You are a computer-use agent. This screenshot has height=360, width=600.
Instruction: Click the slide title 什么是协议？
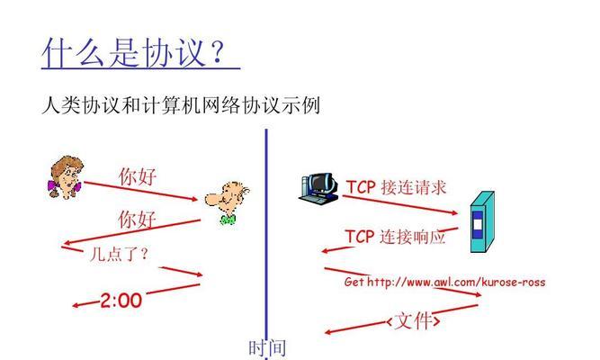coord(134,52)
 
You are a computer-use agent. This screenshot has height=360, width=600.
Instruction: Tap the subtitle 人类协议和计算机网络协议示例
coord(181,104)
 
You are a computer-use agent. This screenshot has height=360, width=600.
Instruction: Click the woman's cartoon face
coord(66,177)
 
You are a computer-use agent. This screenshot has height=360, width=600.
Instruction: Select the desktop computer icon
coord(318,187)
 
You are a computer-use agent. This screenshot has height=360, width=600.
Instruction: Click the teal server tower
coord(482,221)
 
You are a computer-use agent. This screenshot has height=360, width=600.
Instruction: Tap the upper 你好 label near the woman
coord(138,176)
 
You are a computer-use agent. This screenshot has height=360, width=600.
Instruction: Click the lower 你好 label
coord(137,220)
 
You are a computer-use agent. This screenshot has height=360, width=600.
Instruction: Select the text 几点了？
coord(119,254)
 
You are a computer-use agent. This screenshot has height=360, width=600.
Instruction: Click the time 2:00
coord(121,301)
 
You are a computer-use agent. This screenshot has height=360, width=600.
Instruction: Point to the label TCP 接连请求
coord(396,187)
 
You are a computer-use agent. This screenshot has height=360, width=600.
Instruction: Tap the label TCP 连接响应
coord(395,237)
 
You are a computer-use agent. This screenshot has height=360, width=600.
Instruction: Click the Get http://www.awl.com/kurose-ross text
coord(444,283)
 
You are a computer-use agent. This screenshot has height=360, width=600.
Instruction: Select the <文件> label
coord(413,321)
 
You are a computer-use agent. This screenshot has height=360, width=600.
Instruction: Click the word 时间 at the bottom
coord(267,348)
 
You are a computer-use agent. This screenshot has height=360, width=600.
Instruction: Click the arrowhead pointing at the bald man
coord(194,199)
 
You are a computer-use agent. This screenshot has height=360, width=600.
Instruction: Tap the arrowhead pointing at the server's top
coord(454,212)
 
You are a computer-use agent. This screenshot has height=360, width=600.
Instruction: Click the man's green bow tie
coord(228,220)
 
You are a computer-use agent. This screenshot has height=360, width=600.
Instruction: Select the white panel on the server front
coord(477,224)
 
